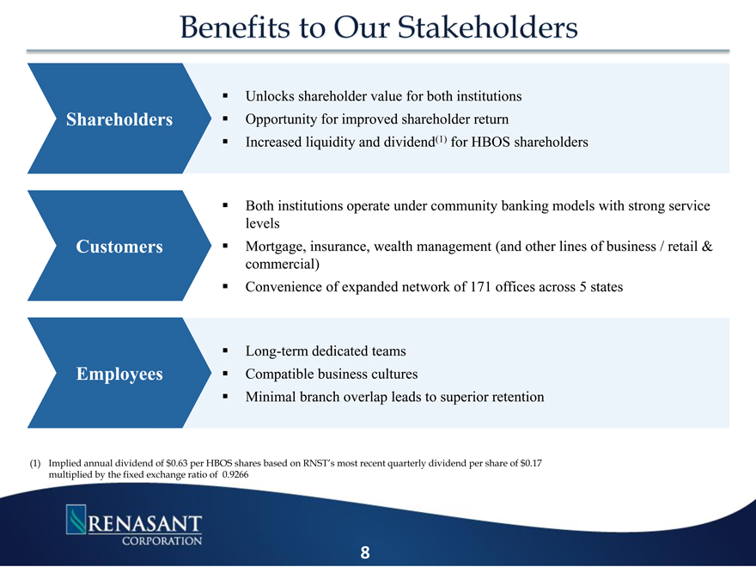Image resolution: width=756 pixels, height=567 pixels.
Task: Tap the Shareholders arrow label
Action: click(119, 119)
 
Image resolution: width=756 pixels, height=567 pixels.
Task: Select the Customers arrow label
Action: click(119, 247)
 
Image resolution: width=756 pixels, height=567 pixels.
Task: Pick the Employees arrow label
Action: click(119, 374)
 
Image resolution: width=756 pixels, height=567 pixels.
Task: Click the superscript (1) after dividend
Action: click(442, 139)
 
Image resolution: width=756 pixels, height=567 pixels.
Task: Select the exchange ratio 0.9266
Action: click(235, 475)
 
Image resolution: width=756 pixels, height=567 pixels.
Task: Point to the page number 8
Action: click(365, 552)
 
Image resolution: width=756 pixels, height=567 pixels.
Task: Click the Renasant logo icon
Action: click(76, 519)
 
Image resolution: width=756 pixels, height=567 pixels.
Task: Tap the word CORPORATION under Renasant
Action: click(162, 541)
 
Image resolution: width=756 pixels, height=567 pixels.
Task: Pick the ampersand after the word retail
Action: click(707, 247)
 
